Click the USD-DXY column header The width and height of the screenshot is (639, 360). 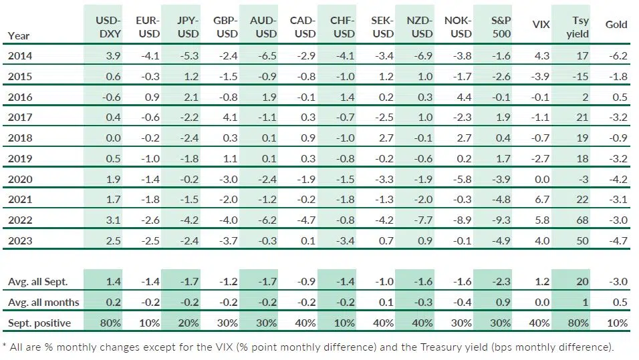coord(108,27)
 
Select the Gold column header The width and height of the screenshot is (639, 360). coord(616,25)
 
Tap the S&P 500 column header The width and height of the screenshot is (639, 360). coord(501,27)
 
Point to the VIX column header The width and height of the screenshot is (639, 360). coord(541,25)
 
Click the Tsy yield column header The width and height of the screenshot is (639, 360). coord(578,27)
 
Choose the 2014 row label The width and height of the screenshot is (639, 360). coord(19,56)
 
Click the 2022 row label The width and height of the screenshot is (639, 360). coord(19,220)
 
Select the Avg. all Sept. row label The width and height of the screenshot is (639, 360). coord(37,282)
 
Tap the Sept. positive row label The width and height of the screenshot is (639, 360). coord(39,323)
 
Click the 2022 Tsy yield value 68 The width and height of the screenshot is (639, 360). coord(582,220)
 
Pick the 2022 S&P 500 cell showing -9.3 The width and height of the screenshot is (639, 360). coord(501,220)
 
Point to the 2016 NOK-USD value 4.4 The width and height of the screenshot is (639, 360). coord(464,98)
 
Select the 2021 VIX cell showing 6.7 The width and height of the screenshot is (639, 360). coord(542,200)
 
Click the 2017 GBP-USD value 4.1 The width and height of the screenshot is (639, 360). coord(230,118)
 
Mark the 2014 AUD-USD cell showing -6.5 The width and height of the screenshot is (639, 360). coord(267,56)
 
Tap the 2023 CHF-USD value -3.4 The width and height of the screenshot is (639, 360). coord(345,241)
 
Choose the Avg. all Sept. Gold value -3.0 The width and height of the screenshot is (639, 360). coord(618,282)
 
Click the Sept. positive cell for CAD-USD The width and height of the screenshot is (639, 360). coord(305,323)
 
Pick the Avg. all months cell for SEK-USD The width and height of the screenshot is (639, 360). coord(386,303)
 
